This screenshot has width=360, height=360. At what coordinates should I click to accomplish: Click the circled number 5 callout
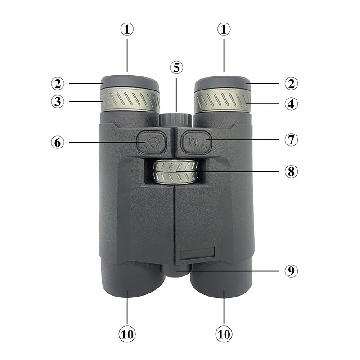[x=176, y=67]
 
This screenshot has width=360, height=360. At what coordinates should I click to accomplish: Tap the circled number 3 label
[x=58, y=102]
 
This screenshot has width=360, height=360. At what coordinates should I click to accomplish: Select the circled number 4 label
[x=291, y=104]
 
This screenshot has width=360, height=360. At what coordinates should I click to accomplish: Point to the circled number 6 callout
[x=58, y=142]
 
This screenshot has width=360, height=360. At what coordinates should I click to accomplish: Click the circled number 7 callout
[x=291, y=139]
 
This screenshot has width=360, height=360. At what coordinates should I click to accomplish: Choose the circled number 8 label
[x=291, y=171]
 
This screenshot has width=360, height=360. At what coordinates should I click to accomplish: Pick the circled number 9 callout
[x=291, y=271]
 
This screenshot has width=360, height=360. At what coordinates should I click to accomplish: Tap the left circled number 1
[x=127, y=29]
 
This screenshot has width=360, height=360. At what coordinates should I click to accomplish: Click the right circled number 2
[x=291, y=84]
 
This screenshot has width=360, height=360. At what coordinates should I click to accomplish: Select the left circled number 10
[x=127, y=334]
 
